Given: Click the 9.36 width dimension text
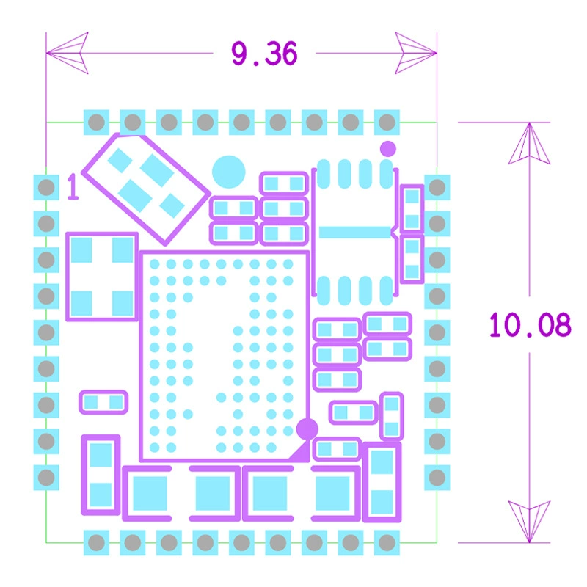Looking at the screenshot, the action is click(x=264, y=54).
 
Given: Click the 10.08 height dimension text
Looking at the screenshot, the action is click(x=530, y=324).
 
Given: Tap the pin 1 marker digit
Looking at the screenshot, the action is click(x=73, y=187).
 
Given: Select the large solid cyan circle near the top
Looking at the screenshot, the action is click(x=228, y=172).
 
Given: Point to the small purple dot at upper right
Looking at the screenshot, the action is click(x=388, y=149).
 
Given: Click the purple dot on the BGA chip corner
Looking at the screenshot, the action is click(x=307, y=429).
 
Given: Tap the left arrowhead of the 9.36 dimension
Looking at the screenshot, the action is click(x=68, y=53).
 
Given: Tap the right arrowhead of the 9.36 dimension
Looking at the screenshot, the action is click(x=416, y=53).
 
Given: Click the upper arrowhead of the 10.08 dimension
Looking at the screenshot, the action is click(x=529, y=143).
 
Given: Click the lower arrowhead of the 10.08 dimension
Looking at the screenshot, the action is click(x=529, y=522).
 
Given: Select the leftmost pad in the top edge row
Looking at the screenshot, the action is click(x=96, y=122).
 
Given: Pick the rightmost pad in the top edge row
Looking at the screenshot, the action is click(x=387, y=122).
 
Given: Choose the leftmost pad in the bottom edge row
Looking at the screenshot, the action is click(x=96, y=542).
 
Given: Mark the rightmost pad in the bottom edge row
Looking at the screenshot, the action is click(x=387, y=542).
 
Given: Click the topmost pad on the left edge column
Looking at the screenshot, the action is click(x=46, y=187).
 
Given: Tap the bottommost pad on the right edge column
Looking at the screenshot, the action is click(x=437, y=478).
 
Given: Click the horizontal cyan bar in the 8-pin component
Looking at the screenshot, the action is click(x=354, y=232).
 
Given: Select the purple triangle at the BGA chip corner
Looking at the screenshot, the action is click(x=300, y=451).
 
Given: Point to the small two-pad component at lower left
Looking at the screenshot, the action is click(x=103, y=402).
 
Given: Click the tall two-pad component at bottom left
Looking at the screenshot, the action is click(x=101, y=475).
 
